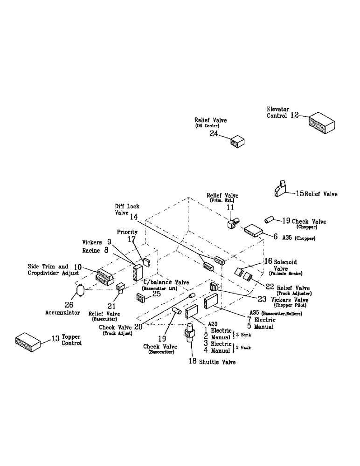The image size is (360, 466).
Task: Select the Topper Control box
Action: click(x=28, y=342)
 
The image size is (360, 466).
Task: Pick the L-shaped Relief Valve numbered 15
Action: click(x=282, y=189)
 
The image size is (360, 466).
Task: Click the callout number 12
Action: click(x=294, y=116)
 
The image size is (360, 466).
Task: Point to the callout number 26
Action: click(x=69, y=304)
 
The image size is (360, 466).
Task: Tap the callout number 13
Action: click(x=55, y=337)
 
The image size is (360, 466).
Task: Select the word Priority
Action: click(x=127, y=232)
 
